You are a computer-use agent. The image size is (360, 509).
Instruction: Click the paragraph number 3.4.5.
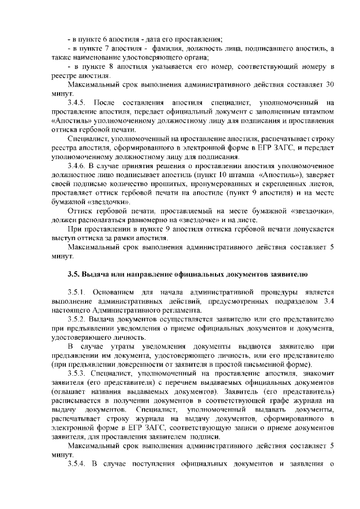click(75, 103)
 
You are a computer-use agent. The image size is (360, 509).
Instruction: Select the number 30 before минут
click(330, 84)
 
